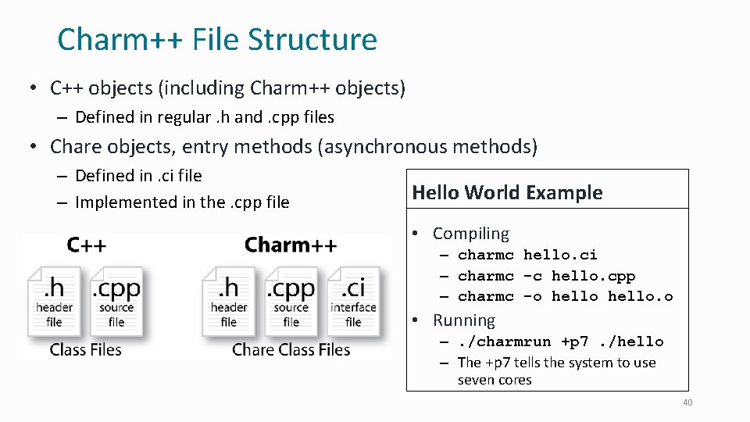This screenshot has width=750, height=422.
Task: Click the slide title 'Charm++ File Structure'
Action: (216, 39)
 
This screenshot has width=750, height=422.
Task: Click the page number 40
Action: (687, 402)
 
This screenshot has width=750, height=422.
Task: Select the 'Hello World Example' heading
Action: (507, 192)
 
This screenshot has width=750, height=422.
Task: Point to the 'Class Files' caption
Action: (86, 349)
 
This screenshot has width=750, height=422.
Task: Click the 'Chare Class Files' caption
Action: (291, 349)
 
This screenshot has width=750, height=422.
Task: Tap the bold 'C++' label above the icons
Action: (86, 245)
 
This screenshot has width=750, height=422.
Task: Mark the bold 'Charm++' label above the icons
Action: (291, 245)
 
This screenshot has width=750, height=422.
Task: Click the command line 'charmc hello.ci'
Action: (527, 255)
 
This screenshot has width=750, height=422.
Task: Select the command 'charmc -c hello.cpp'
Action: (546, 276)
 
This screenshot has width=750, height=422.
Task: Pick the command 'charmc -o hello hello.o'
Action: (565, 296)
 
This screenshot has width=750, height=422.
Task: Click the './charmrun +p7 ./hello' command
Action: (560, 342)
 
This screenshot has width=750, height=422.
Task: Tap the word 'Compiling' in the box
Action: (470, 234)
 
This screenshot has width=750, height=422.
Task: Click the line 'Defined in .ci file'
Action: (138, 176)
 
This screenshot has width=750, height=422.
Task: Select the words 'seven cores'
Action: (495, 381)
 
